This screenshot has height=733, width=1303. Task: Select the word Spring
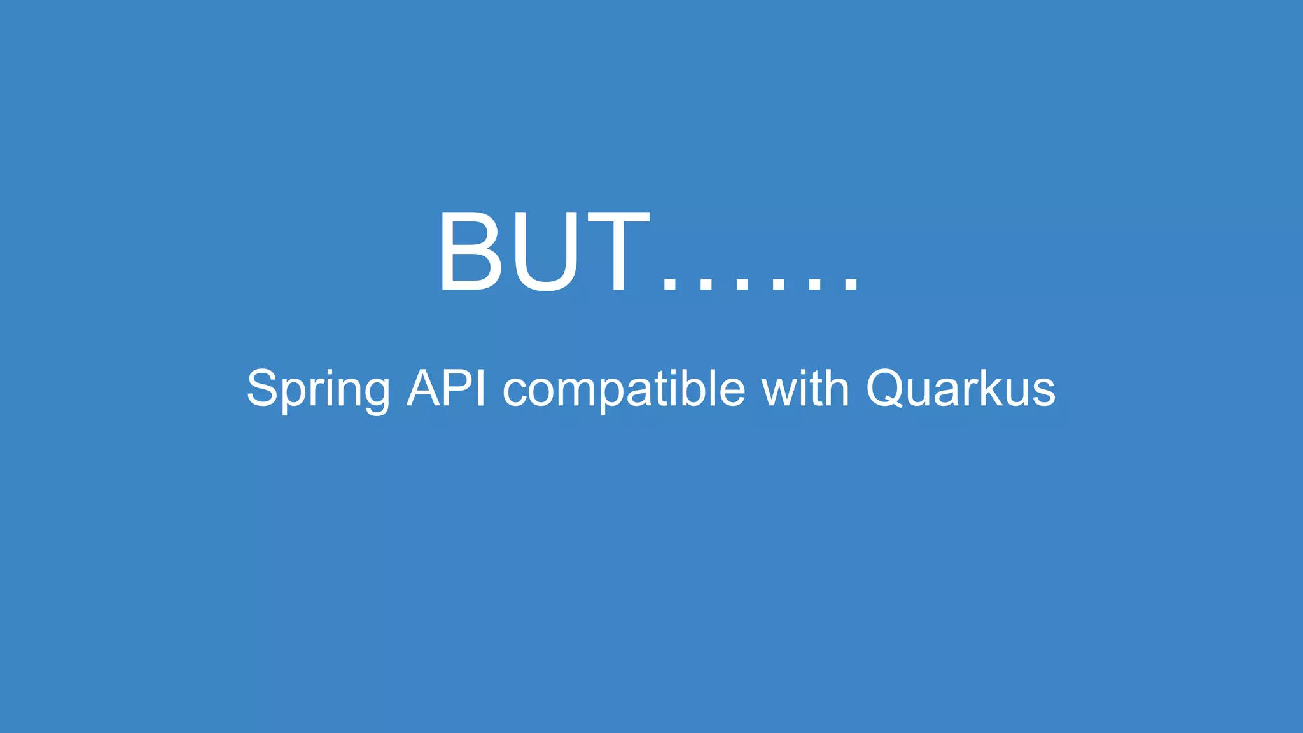click(x=318, y=389)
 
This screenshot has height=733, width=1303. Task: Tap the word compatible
click(x=624, y=389)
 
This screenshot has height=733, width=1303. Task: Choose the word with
click(x=805, y=387)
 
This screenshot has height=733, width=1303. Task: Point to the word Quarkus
click(x=960, y=389)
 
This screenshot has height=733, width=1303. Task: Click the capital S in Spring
click(x=262, y=387)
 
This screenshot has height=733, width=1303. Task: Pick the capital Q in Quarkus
click(x=887, y=388)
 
